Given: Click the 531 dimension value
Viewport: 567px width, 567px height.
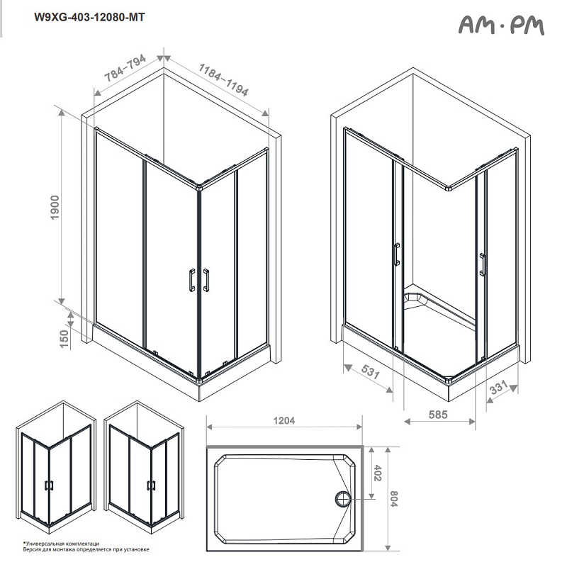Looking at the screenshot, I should coord(368,374).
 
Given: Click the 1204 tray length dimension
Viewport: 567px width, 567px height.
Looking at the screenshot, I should coord(283,420).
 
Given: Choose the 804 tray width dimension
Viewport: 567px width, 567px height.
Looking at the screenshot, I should coord(395,499).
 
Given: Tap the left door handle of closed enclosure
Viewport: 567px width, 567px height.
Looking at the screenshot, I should coord(191,280).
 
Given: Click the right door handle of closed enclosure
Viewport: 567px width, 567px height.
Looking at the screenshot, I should coord(206,280).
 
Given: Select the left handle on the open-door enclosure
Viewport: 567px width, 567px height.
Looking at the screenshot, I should coord(396,254).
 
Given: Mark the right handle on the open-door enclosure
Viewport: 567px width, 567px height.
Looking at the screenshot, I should coord(482,264).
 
